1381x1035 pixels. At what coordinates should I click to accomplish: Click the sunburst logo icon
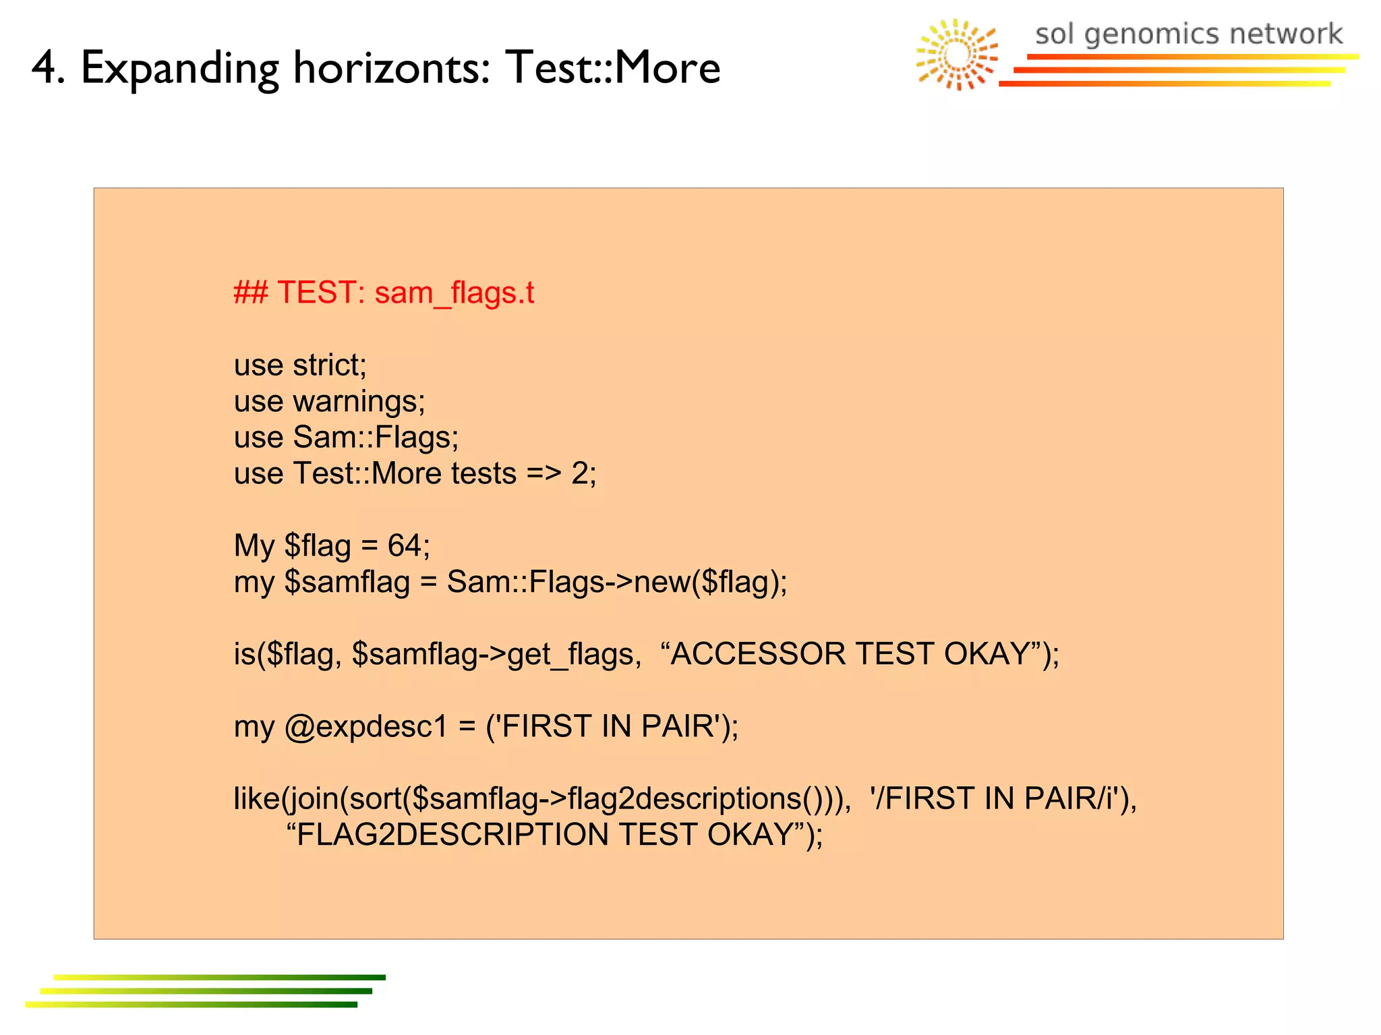pos(957,55)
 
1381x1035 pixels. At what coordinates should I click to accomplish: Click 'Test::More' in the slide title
pos(613,67)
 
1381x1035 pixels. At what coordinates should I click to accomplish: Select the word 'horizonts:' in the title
pos(392,67)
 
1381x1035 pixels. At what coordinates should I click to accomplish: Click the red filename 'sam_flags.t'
pos(454,293)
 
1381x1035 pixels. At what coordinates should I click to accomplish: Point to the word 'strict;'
pos(330,365)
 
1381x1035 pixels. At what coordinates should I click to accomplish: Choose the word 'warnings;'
pos(359,402)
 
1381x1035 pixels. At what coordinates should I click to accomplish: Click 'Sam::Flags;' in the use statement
pos(376,437)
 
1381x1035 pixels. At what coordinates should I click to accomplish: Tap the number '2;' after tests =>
pos(584,473)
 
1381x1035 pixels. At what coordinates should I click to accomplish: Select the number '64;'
pos(409,545)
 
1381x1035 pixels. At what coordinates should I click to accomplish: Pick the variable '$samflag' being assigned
pos(347,582)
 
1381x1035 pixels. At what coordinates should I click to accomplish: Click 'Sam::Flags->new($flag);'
pos(617,582)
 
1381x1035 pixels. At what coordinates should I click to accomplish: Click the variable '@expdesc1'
pos(365,726)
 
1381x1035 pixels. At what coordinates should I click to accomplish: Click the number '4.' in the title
pos(49,67)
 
